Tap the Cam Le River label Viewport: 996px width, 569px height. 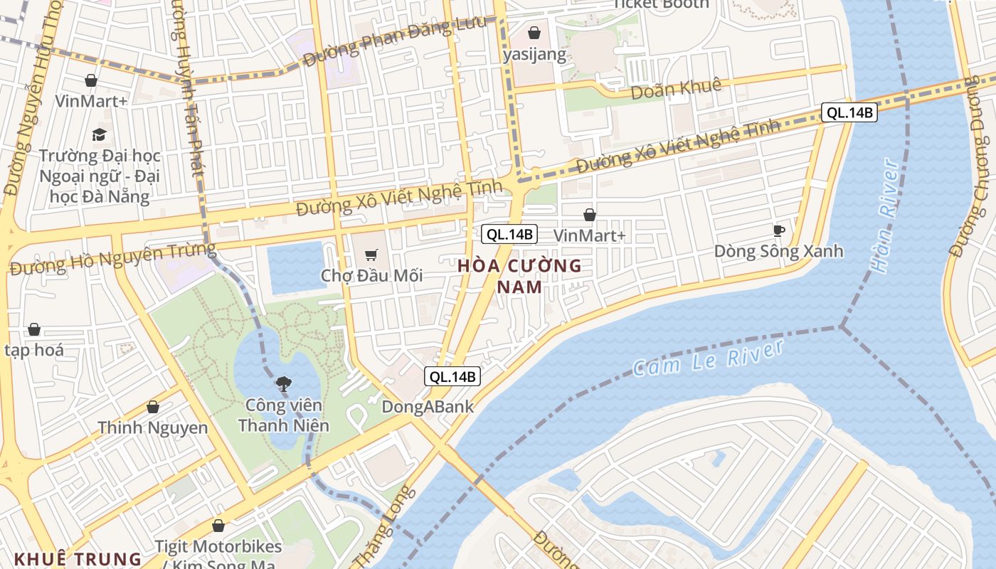click(707, 358)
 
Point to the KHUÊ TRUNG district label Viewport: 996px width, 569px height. click(78, 558)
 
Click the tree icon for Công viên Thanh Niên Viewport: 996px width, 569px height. click(283, 385)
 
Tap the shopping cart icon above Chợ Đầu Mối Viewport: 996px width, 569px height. click(371, 255)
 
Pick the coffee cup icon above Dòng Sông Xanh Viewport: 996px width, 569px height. click(779, 230)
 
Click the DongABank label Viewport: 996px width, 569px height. click(428, 406)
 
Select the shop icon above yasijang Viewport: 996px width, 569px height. click(534, 33)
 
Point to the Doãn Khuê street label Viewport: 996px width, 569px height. click(676, 88)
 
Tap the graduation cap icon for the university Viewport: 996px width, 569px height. click(99, 134)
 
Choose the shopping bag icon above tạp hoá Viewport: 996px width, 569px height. click(33, 329)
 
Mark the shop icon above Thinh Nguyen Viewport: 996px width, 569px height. click(152, 407)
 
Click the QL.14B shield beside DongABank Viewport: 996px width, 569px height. click(451, 376)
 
